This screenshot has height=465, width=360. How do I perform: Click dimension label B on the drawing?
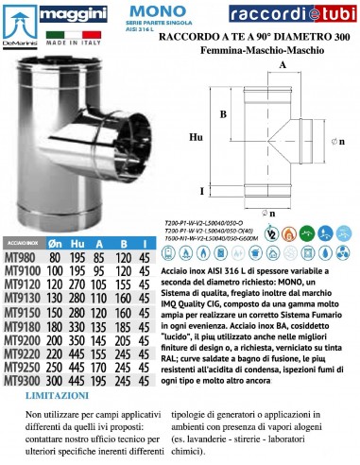point(223,115)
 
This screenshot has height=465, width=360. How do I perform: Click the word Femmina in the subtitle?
point(232,43)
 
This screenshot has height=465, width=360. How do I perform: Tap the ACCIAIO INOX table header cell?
point(28,243)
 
